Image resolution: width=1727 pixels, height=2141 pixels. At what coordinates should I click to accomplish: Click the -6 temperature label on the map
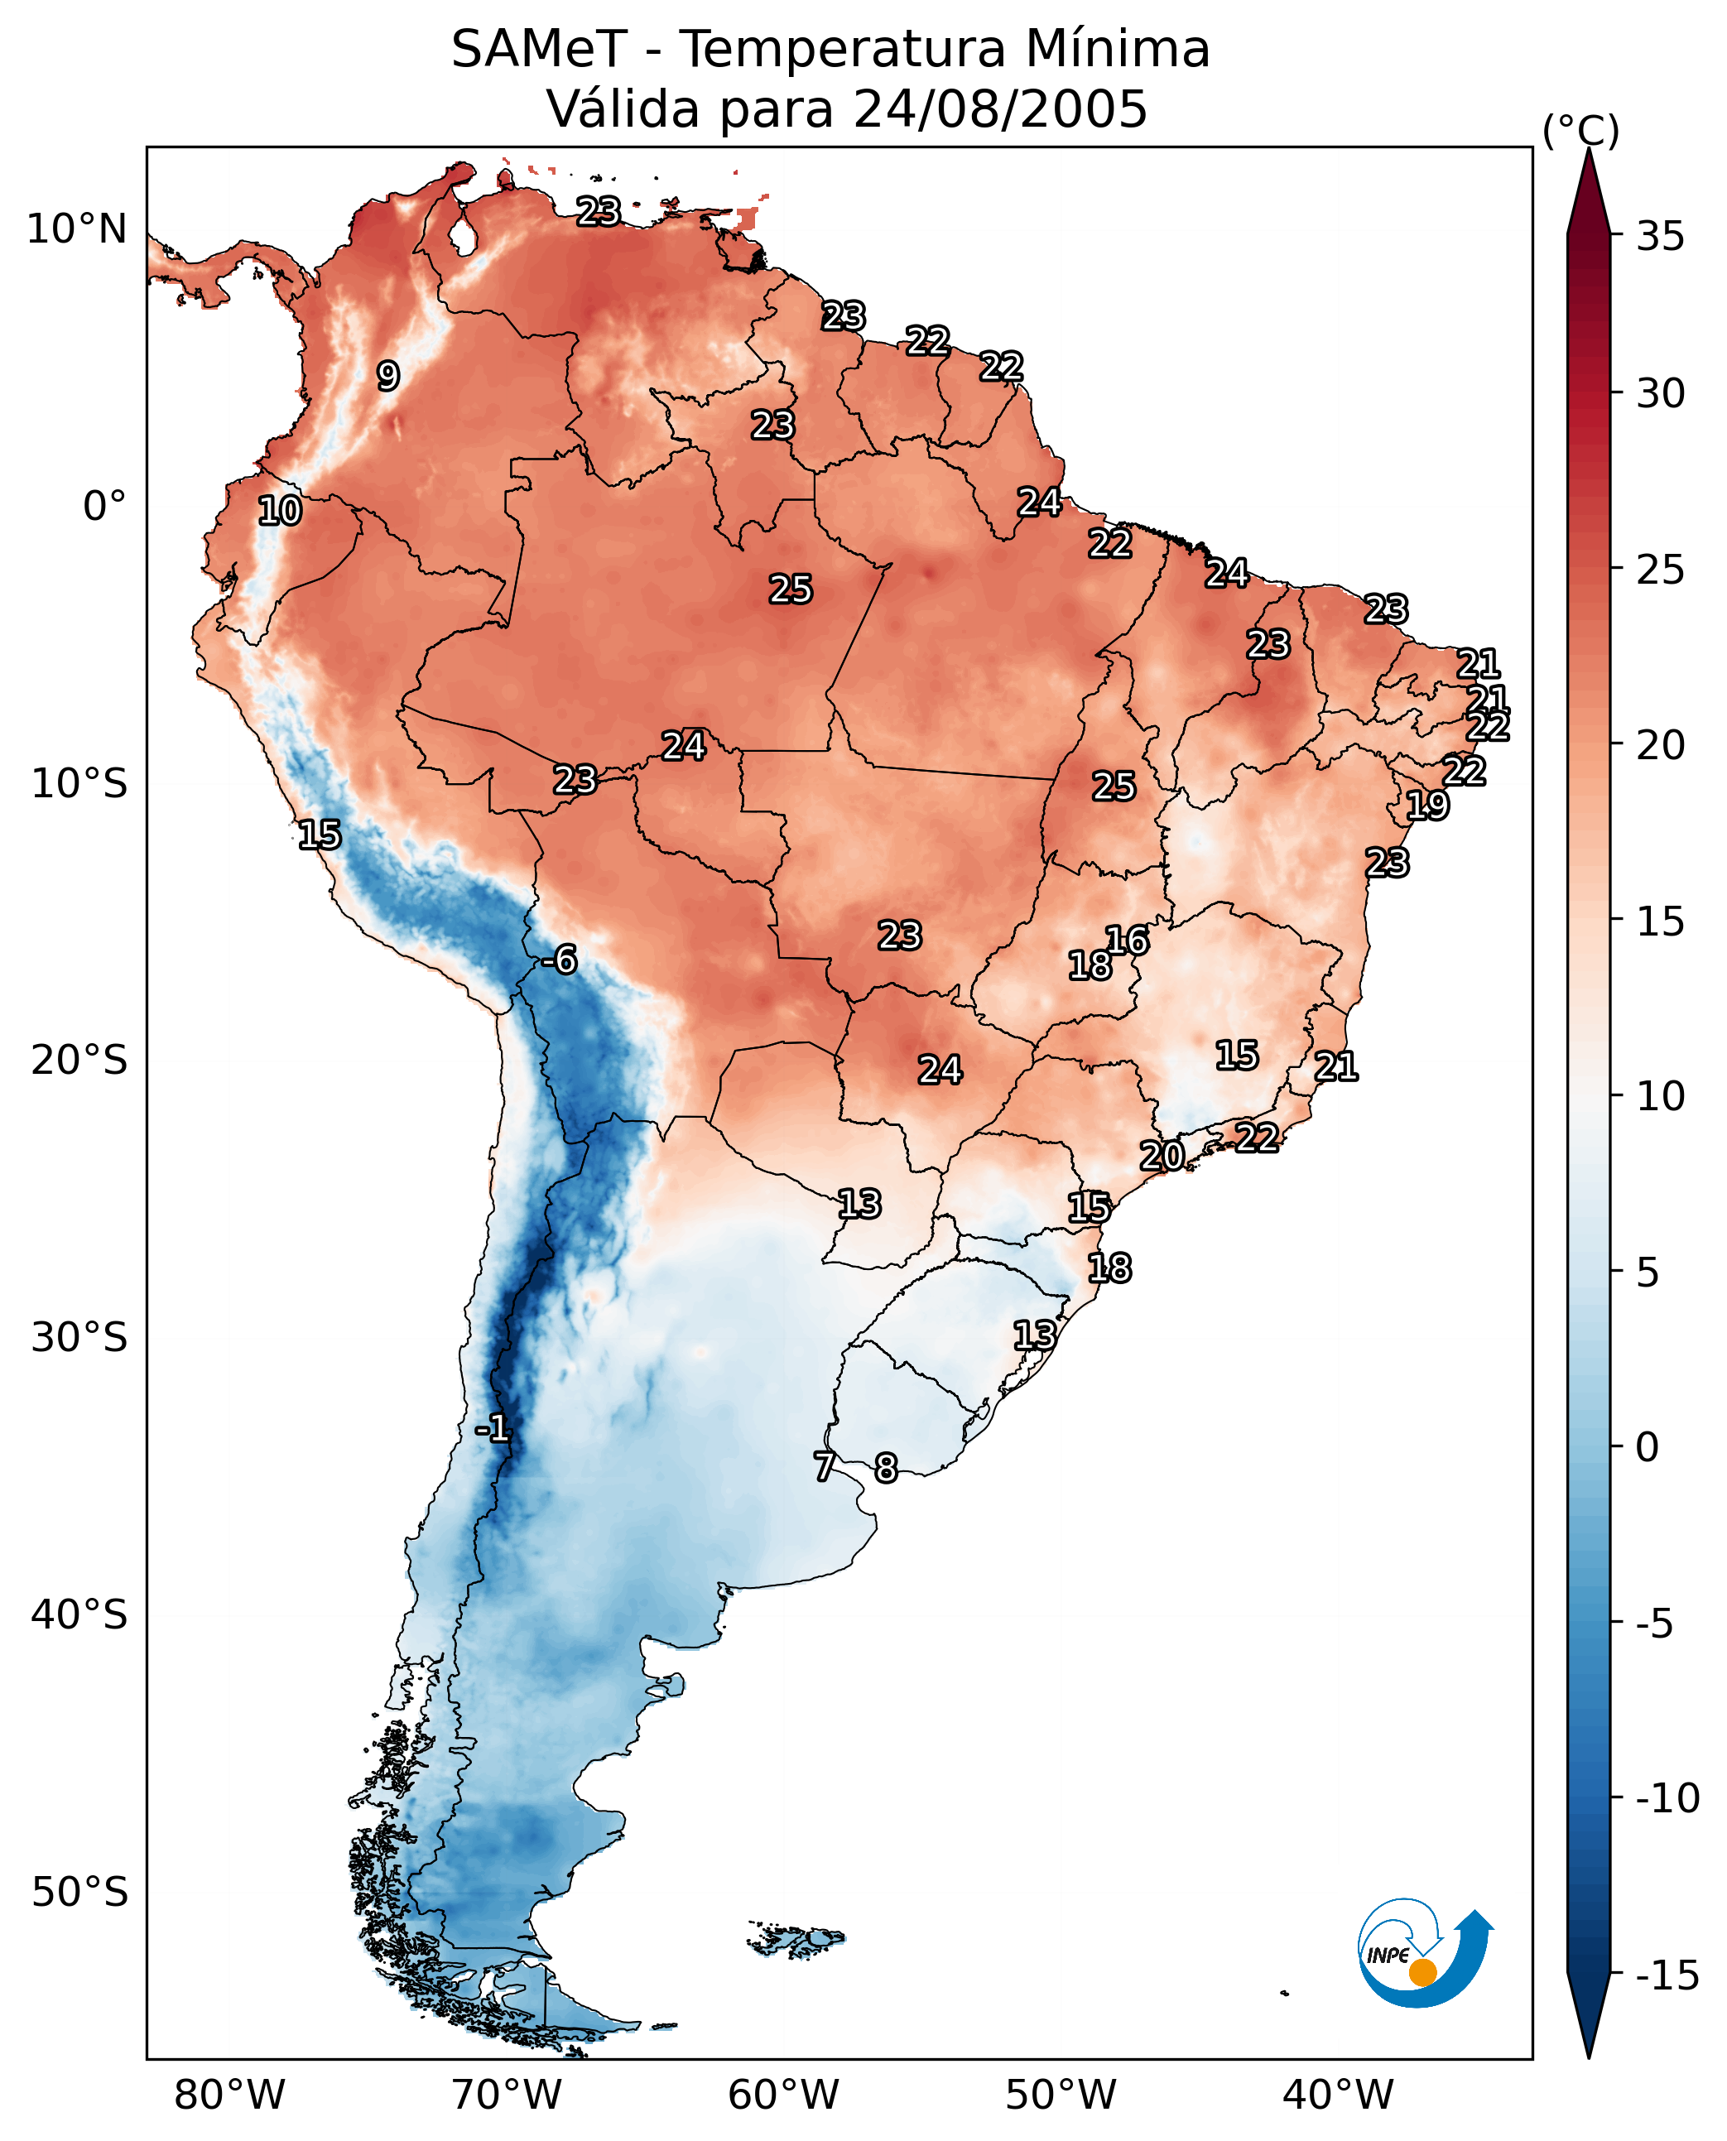[x=559, y=960]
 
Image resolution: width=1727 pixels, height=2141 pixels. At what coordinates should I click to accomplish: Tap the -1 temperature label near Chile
[x=493, y=1429]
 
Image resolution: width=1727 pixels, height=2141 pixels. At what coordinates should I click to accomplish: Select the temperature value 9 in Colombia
[x=388, y=375]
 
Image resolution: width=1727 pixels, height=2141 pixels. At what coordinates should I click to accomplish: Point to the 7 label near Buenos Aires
[x=824, y=1465]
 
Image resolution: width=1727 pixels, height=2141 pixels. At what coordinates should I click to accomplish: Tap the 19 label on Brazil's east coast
[x=1427, y=805]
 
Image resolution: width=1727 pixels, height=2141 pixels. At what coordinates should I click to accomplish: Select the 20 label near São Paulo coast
[x=1162, y=1155]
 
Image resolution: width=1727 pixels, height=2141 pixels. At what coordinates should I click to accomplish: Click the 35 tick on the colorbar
[x=1660, y=237]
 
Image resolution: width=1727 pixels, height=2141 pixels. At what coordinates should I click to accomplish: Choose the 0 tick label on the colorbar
[x=1648, y=1447]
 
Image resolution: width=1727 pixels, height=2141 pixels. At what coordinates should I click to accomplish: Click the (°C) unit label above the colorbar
[x=1580, y=130]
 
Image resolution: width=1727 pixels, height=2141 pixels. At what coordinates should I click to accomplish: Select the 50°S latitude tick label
[x=79, y=1890]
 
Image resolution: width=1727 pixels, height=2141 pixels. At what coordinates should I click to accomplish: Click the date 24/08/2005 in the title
[x=1001, y=108]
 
